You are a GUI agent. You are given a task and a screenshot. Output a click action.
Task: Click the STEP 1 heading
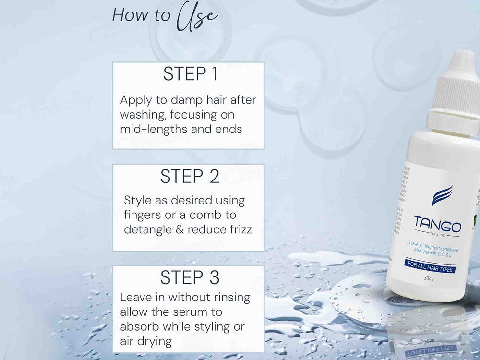[190, 74]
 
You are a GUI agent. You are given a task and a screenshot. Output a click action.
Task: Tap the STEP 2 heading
[190, 177]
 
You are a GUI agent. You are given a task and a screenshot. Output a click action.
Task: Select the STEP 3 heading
[190, 278]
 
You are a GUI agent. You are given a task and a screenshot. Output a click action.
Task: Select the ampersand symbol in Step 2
[180, 229]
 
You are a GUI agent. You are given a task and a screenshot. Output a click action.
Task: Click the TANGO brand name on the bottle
[437, 225]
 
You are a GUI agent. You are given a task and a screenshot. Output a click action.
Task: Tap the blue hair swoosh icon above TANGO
[442, 195]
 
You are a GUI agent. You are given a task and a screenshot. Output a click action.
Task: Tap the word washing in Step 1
[143, 115]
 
